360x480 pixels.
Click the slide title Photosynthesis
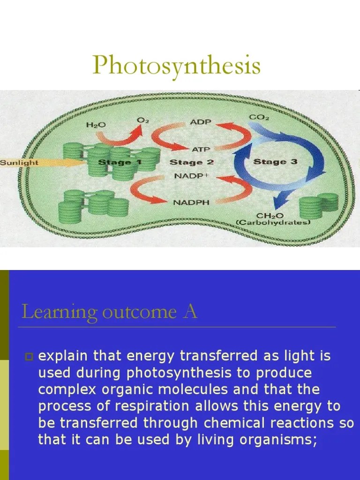[176, 65]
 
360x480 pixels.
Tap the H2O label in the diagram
[96, 125]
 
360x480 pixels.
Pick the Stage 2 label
[191, 162]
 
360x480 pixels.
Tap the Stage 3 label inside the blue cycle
[275, 162]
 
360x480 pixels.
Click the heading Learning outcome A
[109, 312]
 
